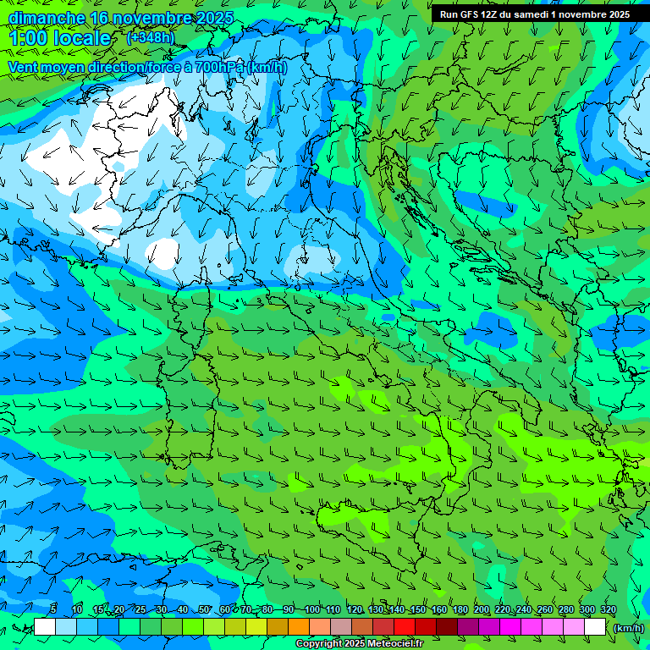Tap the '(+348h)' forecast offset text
tap(151, 37)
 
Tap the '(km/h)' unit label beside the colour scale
tap(627, 628)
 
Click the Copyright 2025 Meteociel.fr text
tap(359, 644)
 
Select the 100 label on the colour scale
tap(312, 610)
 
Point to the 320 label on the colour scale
tap(609, 610)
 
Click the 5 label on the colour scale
tap(53, 610)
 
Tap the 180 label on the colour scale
tap(460, 610)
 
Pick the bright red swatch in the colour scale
tap(405, 627)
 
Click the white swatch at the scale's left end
tap(45, 627)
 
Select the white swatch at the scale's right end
tap(595, 627)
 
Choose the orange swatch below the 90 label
tap(299, 627)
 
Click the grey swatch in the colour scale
tap(341, 627)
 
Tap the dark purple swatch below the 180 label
tap(468, 627)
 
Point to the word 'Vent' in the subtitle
tap(25, 67)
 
